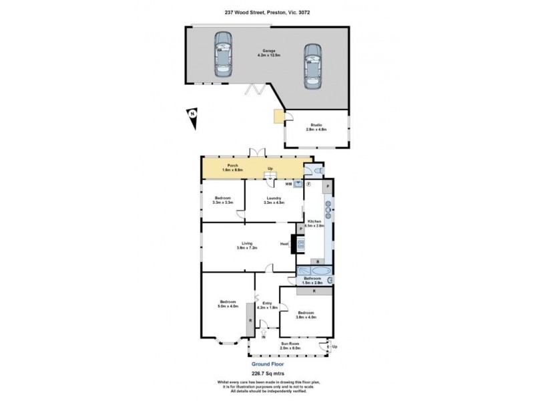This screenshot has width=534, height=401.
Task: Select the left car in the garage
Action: (x=222, y=54)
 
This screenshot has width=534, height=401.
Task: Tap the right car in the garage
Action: (x=311, y=67)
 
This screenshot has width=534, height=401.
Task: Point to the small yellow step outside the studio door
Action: (x=278, y=117)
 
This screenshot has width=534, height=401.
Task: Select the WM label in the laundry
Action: (x=288, y=184)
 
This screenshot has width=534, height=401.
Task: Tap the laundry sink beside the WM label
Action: (x=298, y=184)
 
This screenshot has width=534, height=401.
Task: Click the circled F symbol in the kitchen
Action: (x=309, y=184)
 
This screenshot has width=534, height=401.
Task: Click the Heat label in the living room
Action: (x=284, y=244)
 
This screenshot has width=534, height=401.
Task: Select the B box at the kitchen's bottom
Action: (x=318, y=261)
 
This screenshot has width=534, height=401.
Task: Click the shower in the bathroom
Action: (x=330, y=279)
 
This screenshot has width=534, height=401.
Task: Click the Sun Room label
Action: (x=290, y=345)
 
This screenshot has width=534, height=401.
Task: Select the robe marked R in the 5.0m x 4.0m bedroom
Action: (x=250, y=320)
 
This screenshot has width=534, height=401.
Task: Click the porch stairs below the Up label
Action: (x=270, y=176)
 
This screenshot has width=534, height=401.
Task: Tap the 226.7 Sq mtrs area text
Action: (x=266, y=374)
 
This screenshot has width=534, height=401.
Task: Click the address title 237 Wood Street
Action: (x=266, y=11)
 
